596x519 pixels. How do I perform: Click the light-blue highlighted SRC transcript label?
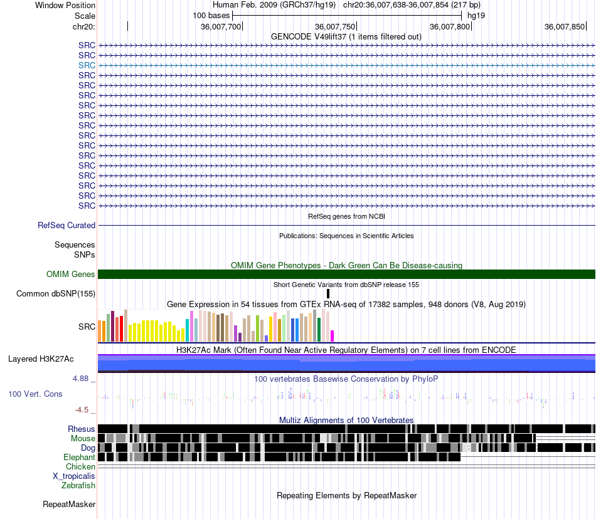pos(87,65)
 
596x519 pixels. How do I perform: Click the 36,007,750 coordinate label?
pos(335,26)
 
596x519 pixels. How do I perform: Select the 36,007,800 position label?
pos(450,26)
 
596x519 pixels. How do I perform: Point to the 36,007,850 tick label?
pos(565,26)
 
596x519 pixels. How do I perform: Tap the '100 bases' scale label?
pos(211,16)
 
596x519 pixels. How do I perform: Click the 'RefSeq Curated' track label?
pos(67,225)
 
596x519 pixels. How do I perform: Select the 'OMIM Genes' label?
pos(71,274)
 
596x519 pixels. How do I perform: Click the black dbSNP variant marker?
pos(328,293)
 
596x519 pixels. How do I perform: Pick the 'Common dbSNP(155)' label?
pos(56,293)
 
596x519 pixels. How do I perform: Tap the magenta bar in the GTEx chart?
pos(332,336)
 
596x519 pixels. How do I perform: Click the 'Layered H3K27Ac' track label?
pos(41,359)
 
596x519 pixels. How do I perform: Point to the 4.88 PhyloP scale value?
pos(80,379)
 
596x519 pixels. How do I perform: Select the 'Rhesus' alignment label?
pos(82,429)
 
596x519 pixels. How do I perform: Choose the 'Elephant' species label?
pos(79,457)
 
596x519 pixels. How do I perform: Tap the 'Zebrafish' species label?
pos(78,485)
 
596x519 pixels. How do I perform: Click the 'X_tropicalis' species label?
pos(74,476)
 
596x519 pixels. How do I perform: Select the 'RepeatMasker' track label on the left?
pos(69,504)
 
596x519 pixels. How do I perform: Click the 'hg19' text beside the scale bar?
pos(476,16)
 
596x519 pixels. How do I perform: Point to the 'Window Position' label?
pos(65,5)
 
